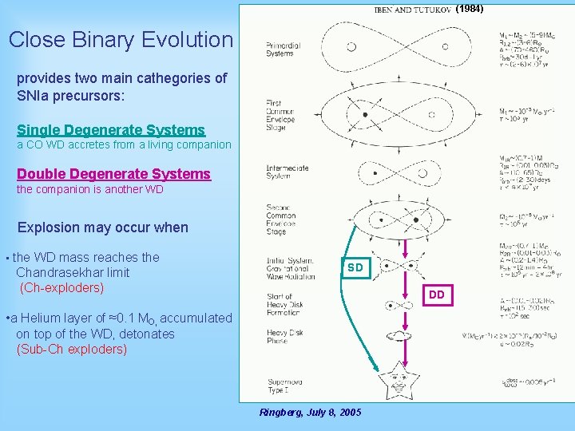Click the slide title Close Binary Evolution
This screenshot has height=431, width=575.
[121, 39]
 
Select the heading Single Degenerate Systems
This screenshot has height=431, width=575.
[111, 129]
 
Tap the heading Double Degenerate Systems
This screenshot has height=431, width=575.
[113, 173]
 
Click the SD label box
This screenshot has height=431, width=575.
[355, 268]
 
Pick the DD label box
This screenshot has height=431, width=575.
[436, 295]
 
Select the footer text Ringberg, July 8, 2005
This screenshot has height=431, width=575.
[310, 412]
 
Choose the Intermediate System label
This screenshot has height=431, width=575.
[287, 172]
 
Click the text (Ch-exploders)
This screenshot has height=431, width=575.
[61, 287]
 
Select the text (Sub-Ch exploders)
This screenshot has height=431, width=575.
[71, 349]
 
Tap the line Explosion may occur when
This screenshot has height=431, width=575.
[102, 227]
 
